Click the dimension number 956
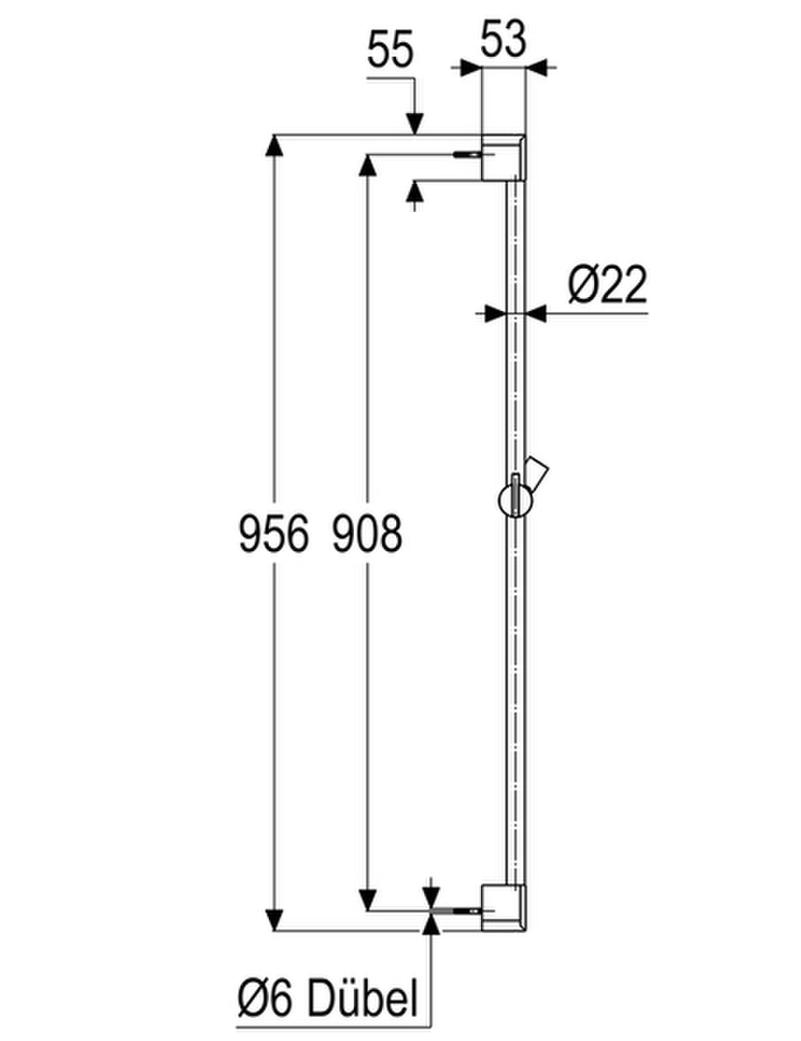point(274,534)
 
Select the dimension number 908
point(366,534)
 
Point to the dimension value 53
point(503,39)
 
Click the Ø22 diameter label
point(607,284)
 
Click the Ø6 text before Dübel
point(265,1000)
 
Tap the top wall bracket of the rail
point(503,157)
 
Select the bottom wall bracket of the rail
point(503,908)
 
